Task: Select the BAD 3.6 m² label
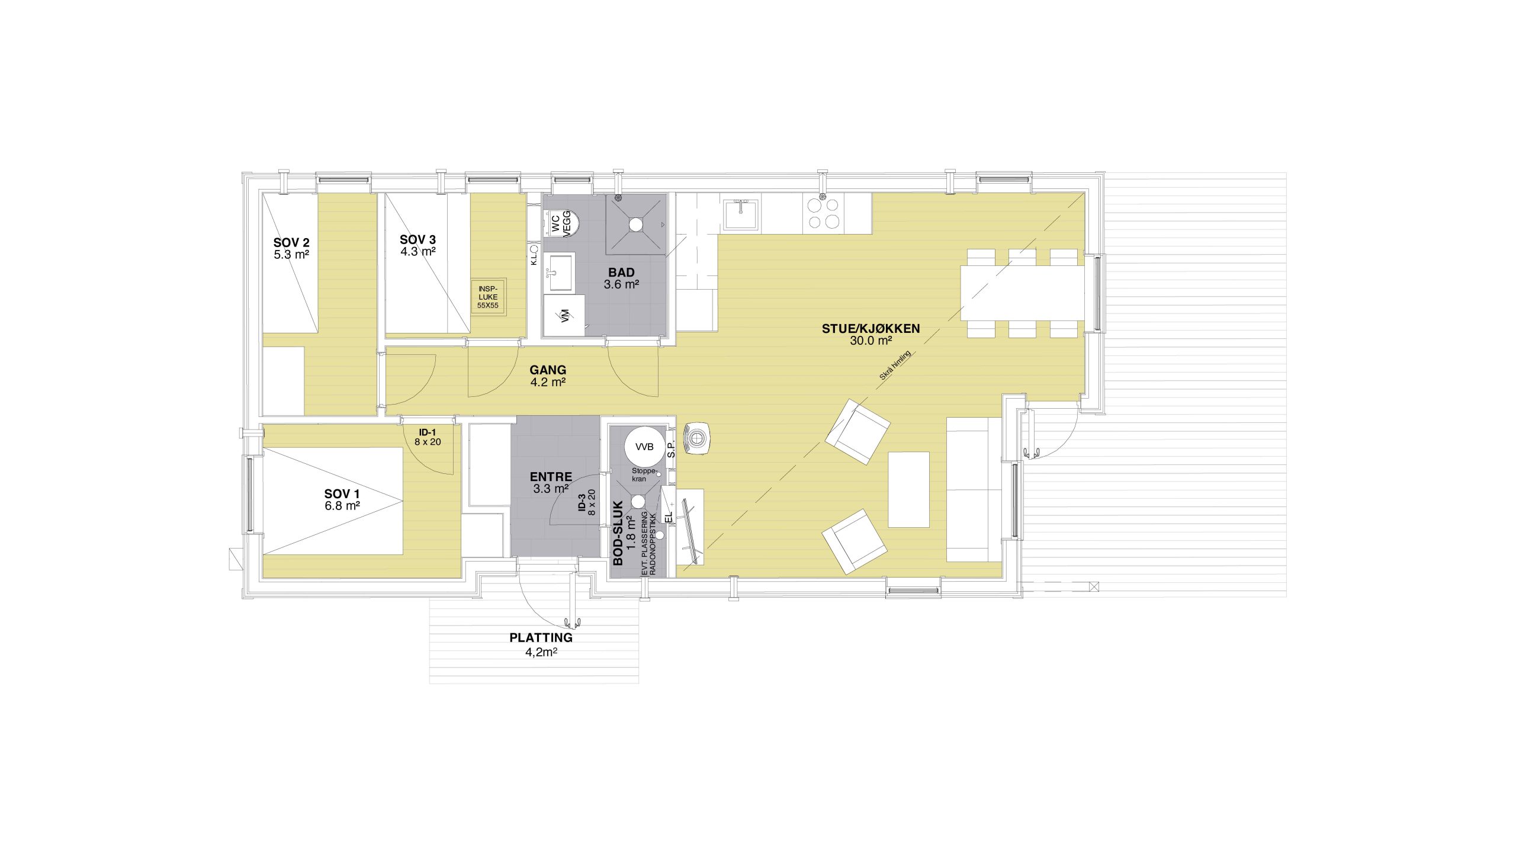coord(621,278)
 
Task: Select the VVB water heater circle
coord(644,447)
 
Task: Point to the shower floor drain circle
coord(635,225)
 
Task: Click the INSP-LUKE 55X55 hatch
coord(488,297)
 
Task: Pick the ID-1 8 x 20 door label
coord(428,437)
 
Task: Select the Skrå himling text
coord(895,366)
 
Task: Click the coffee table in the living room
coord(909,489)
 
